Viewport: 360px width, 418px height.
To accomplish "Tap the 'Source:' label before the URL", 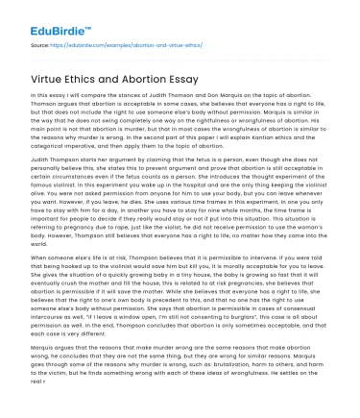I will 40,45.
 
